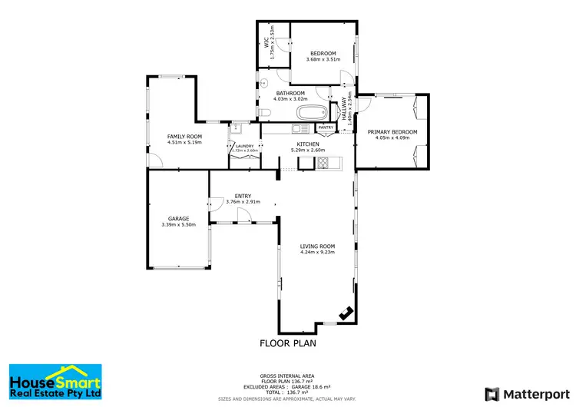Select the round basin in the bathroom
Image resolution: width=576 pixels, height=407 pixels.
(263, 82)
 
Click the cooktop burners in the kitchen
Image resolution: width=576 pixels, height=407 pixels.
(323, 162)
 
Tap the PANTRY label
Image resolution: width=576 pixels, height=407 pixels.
(325, 127)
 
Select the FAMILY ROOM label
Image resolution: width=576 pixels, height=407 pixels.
(184, 136)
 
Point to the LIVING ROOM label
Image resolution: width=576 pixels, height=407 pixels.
(317, 246)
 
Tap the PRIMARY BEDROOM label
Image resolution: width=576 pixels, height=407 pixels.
(392, 132)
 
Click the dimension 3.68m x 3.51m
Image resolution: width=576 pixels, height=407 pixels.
(323, 59)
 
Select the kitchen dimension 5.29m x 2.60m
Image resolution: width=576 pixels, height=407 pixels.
(307, 151)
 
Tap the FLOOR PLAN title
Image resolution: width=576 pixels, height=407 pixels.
(287, 343)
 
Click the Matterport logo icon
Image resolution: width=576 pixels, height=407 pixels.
(491, 393)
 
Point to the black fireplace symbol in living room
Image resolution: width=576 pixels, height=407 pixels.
(346, 313)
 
